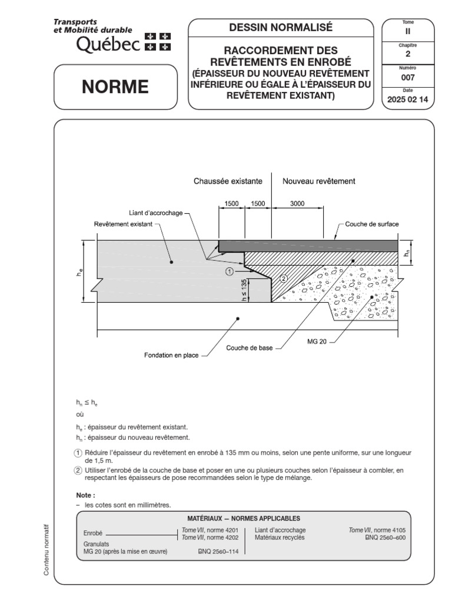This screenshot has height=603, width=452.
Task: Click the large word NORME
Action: pos(115,87)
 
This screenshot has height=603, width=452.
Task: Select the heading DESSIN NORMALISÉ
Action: pos(281,27)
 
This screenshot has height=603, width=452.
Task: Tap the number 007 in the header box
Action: pos(408,77)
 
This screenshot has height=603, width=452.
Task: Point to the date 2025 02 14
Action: pos(408,100)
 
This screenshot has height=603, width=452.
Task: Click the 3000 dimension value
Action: pos(297,203)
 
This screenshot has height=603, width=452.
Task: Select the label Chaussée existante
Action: pos(228,181)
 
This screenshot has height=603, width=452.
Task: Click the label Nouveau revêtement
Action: pos(319,181)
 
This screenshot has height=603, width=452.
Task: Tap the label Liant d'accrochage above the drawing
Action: pos(155,213)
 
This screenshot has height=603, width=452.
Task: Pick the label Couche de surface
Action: pos(372,224)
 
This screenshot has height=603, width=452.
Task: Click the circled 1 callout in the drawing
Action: pos(229,271)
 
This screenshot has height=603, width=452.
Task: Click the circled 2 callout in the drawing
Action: pos(283,279)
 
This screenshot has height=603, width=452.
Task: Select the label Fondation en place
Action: pos(171,355)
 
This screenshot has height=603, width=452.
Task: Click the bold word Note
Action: pos(85,495)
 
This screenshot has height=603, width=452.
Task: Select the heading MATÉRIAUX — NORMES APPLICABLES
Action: pos(243,518)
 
